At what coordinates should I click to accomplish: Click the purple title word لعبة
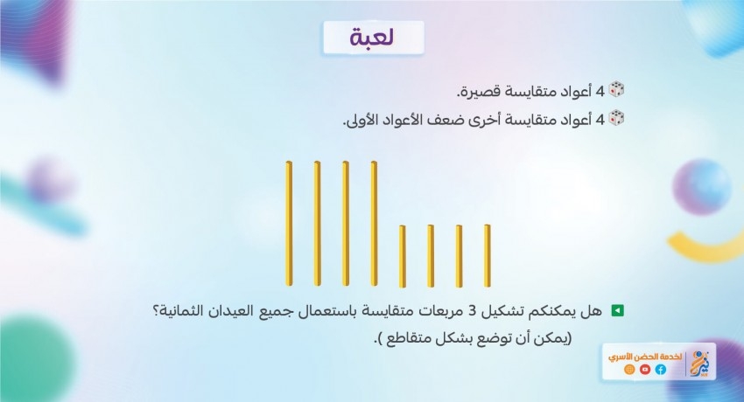pos(372,38)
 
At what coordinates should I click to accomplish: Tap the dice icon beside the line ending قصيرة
pos(616,89)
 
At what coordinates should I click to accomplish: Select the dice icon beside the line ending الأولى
pos(616,118)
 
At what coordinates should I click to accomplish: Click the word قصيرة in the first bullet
pos(474,92)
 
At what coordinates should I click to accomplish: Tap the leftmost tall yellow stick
pos(289,224)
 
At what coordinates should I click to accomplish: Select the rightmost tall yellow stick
pos(374,224)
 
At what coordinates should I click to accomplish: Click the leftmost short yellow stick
pos(403,256)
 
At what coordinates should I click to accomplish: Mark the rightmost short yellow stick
pos(488,256)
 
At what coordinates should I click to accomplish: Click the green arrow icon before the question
pos(618,310)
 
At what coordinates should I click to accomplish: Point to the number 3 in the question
pos(472,311)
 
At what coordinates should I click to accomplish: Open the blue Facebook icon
pos(661,370)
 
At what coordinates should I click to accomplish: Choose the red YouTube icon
pos(645,370)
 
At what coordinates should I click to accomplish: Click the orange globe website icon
pos(629,370)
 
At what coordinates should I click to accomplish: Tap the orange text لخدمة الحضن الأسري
pos(645,357)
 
